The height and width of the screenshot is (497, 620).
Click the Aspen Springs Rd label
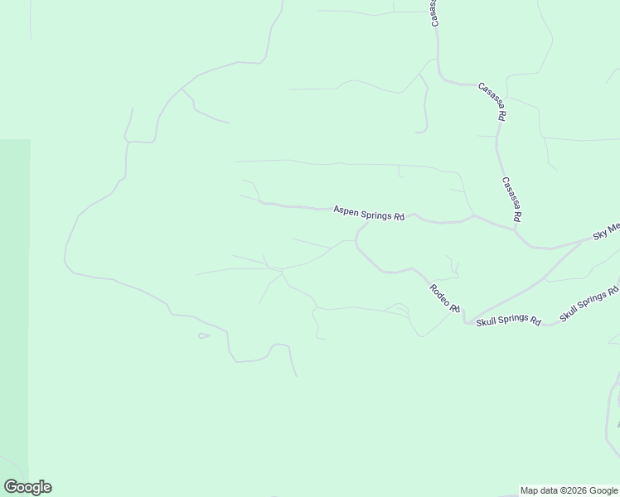369,214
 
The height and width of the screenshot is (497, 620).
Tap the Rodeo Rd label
444,298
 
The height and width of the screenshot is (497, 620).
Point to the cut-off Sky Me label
606,231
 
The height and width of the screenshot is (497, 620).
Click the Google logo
27,487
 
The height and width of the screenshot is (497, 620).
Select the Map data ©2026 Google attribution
569,490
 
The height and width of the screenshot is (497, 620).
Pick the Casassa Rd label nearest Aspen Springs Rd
511,199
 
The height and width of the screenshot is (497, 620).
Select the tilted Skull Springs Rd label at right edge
589,304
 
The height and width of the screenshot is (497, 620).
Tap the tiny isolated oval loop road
203,335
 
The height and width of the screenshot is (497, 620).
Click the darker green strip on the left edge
14,315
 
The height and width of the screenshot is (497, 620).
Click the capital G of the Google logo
11,487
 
